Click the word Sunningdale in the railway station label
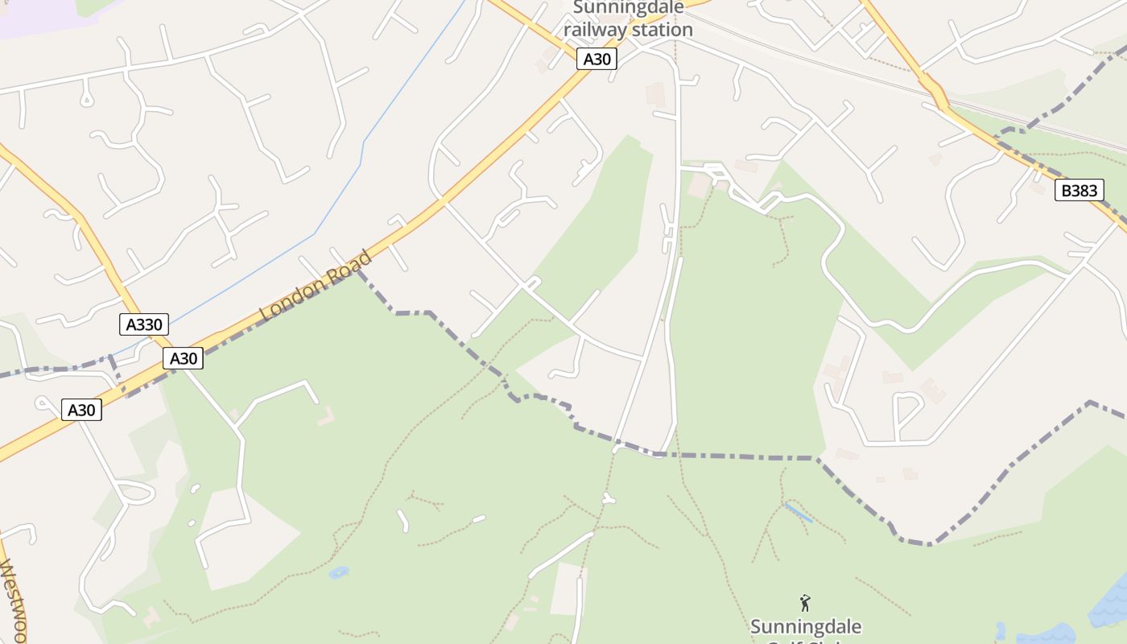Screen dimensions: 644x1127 [x=629, y=8]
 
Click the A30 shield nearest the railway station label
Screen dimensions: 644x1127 [x=597, y=59]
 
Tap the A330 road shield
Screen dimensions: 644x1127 [x=145, y=325]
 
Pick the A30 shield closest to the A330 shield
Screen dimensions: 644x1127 [x=183, y=358]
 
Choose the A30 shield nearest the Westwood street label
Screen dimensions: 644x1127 [x=81, y=410]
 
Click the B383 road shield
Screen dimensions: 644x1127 [x=1080, y=191]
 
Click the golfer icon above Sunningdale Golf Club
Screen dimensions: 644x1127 [x=804, y=603]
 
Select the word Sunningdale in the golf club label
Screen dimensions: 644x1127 [x=806, y=626]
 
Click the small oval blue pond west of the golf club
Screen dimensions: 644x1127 [x=339, y=572]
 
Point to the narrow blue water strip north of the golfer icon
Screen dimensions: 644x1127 [x=799, y=513]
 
